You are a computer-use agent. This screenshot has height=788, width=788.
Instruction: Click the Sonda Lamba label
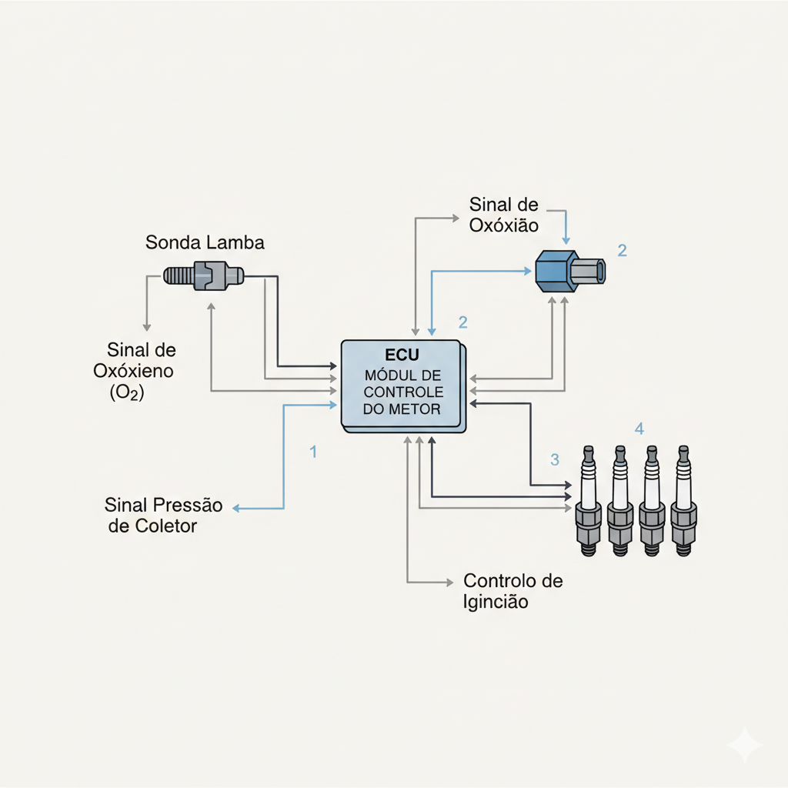point(205,243)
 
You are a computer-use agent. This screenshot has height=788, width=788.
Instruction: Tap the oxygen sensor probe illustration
point(205,275)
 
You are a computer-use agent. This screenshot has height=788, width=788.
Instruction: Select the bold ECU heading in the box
point(402,356)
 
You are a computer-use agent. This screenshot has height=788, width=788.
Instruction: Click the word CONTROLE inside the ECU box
point(402,392)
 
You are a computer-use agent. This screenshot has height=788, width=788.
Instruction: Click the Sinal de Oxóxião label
point(504,215)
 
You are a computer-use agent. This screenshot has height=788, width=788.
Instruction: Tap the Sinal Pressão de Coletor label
point(163,516)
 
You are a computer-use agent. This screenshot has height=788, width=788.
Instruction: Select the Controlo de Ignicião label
point(513,591)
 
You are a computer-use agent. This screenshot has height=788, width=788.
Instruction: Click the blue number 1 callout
point(313,452)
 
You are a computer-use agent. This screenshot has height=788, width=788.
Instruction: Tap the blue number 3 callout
point(555,460)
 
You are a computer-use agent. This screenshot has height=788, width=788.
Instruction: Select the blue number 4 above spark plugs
point(638,428)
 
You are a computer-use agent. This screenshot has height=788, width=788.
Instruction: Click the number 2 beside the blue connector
point(623,250)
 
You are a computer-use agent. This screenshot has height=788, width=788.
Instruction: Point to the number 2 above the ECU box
point(462,322)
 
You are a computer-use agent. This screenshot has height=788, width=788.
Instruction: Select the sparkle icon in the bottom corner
point(744,745)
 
